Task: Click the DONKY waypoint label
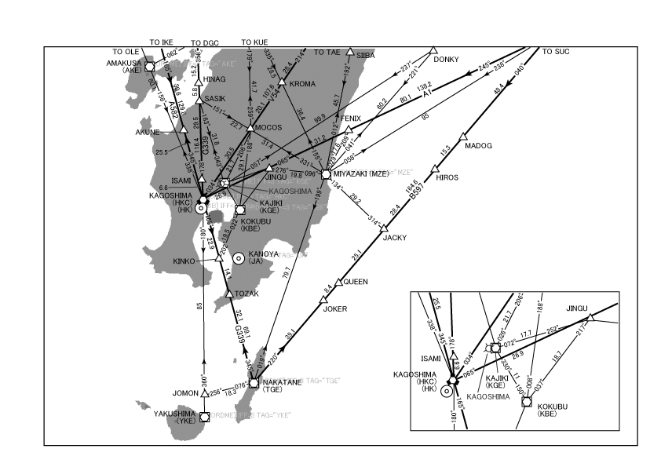(447, 59)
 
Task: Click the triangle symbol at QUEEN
(339, 282)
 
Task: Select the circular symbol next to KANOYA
(238, 257)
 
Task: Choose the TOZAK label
(247, 294)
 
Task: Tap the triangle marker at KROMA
(280, 82)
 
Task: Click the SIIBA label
(367, 56)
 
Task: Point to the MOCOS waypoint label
(271, 127)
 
